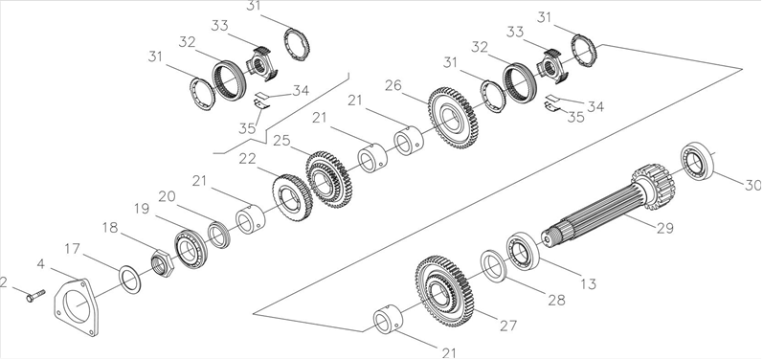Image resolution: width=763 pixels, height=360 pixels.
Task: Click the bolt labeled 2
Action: tap(34, 295)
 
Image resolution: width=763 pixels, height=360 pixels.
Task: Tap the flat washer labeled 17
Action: tap(130, 280)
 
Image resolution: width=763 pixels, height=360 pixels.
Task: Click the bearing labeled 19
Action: tap(191, 248)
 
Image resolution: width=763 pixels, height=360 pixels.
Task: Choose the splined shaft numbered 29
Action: tap(608, 202)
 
